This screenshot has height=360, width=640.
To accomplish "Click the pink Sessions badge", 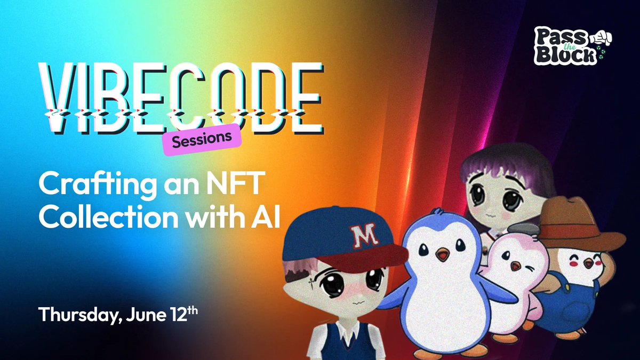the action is click(x=202, y=140).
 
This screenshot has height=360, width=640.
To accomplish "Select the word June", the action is click(x=146, y=314).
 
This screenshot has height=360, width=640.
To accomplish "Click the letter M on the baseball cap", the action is click(x=365, y=236).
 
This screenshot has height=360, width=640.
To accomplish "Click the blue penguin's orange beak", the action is click(x=442, y=254).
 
